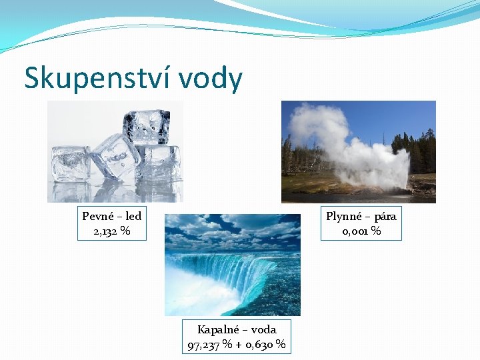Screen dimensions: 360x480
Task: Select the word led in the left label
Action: coord(133,216)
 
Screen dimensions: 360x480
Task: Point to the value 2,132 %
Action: coord(111,231)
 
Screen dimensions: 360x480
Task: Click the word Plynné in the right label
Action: coord(343,216)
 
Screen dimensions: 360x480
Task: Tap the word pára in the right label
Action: coord(385,216)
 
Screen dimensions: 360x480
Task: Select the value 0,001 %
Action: coord(361,231)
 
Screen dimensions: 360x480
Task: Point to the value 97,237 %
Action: coord(210,345)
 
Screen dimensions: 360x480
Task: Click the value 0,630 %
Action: coord(266,345)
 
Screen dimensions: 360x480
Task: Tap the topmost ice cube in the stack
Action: coord(145,125)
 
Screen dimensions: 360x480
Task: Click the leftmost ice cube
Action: coord(69,163)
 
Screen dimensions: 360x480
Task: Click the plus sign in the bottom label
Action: coord(238,345)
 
